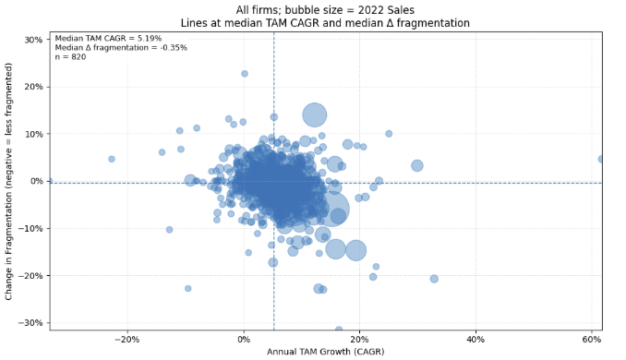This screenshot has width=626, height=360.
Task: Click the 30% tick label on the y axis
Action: [x=35, y=40]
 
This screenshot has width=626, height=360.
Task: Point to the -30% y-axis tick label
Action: [x=33, y=322]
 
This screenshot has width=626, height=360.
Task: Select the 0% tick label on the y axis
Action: [x=39, y=181]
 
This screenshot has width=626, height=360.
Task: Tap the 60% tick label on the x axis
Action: [x=592, y=339]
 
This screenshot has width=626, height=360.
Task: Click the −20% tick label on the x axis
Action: [x=126, y=339]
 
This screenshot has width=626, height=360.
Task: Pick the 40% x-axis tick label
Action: [x=476, y=339]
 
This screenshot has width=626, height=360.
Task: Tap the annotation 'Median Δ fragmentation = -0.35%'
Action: [x=121, y=47]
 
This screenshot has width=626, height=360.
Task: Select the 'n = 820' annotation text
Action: [x=72, y=56]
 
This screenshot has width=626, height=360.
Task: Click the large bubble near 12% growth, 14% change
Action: [x=315, y=114]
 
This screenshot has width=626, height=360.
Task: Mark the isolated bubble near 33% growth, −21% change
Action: [x=434, y=279]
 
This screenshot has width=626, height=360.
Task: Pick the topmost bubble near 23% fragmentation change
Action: [x=245, y=74]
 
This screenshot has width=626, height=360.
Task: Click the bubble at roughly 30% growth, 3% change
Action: [x=417, y=166]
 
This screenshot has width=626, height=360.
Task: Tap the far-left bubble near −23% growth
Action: [x=112, y=159]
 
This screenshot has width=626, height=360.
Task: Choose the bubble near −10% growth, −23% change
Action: [x=188, y=289]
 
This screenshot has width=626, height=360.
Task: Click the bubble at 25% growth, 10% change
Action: [x=389, y=134]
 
